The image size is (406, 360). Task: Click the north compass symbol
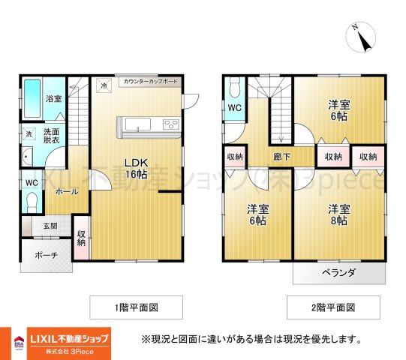[361, 37]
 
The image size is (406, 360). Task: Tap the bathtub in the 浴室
[32, 98]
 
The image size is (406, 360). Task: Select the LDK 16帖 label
[136, 169]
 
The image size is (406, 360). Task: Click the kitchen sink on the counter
[138, 124]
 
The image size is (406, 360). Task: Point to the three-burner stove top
[171, 124]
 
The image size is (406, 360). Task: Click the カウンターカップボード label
[151, 81]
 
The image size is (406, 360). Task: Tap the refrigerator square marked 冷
[104, 85]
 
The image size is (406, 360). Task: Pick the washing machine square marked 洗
[29, 134]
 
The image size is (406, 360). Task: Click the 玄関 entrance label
[50, 226]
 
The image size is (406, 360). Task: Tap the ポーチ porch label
[46, 256]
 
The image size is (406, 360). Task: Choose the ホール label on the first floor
[67, 192]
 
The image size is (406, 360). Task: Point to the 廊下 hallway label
[281, 157]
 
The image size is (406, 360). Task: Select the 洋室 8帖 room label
[339, 214]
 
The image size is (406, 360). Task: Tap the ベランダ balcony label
[338, 272]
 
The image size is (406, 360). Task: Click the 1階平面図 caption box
[136, 307]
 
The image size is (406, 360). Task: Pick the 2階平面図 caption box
[333, 307]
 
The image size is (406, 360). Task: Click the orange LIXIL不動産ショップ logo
[69, 343]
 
